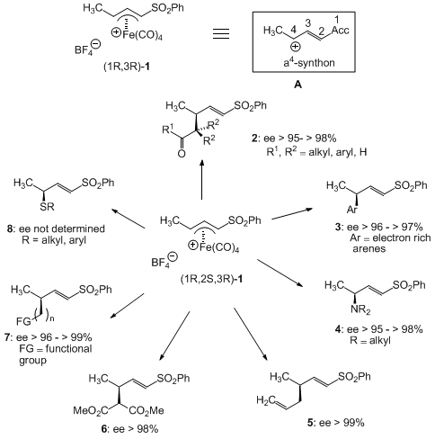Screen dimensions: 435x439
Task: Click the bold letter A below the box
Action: pyautogui.click(x=297, y=85)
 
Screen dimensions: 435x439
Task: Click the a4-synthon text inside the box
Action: pyautogui.click(x=309, y=62)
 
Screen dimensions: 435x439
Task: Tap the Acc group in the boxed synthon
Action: pyautogui.click(x=340, y=30)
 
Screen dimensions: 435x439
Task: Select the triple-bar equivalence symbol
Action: pyautogui.click(x=221, y=33)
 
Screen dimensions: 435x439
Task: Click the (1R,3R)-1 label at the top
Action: pyautogui.click(x=127, y=67)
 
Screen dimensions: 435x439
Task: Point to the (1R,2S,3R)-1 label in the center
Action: pyautogui.click(x=211, y=279)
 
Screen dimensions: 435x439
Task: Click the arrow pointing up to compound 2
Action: pyautogui.click(x=202, y=179)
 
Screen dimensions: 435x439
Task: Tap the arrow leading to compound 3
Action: pyautogui.click(x=292, y=214)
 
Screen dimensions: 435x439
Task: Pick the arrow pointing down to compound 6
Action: pyautogui.click(x=174, y=336)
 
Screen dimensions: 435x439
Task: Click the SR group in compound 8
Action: pyautogui.click(x=47, y=206)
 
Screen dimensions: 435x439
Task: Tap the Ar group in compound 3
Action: pyautogui.click(x=352, y=209)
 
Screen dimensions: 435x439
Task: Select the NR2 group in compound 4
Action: pyautogui.click(x=360, y=309)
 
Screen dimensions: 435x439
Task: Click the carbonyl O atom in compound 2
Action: pyautogui.click(x=182, y=154)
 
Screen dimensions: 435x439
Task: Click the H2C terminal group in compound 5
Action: pyautogui.click(x=266, y=400)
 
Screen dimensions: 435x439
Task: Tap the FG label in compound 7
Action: pyautogui.click(x=24, y=321)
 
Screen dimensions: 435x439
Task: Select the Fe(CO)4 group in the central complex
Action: pyautogui.click(x=219, y=247)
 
